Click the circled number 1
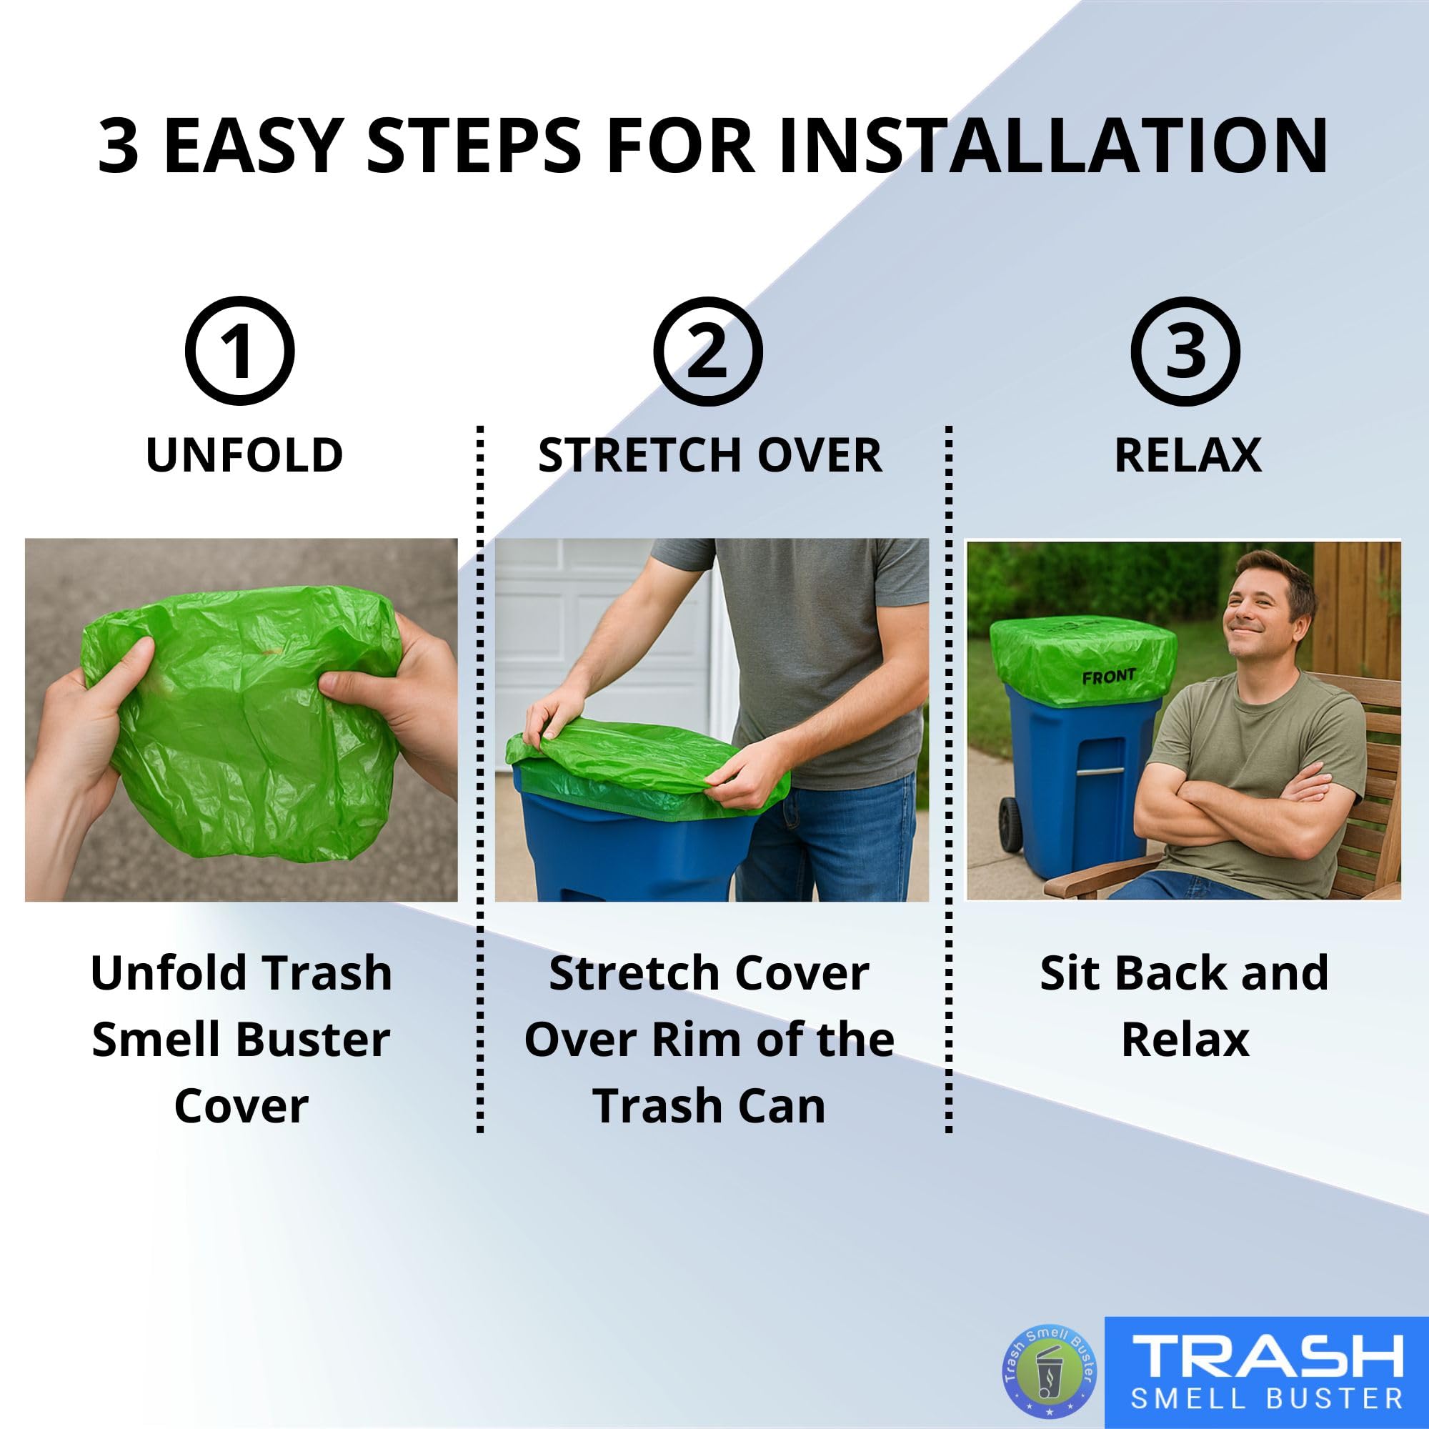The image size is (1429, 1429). (x=239, y=351)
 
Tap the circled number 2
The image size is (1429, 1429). (x=708, y=351)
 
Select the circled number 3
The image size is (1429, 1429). (x=1185, y=351)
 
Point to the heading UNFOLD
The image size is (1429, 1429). (x=244, y=455)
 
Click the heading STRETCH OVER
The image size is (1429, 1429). (x=709, y=455)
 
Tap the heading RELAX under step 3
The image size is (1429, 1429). (x=1187, y=455)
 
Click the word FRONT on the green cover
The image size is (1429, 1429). (x=1108, y=676)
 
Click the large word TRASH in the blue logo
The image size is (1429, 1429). (x=1268, y=1355)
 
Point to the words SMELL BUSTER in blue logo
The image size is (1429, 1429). (x=1268, y=1398)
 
